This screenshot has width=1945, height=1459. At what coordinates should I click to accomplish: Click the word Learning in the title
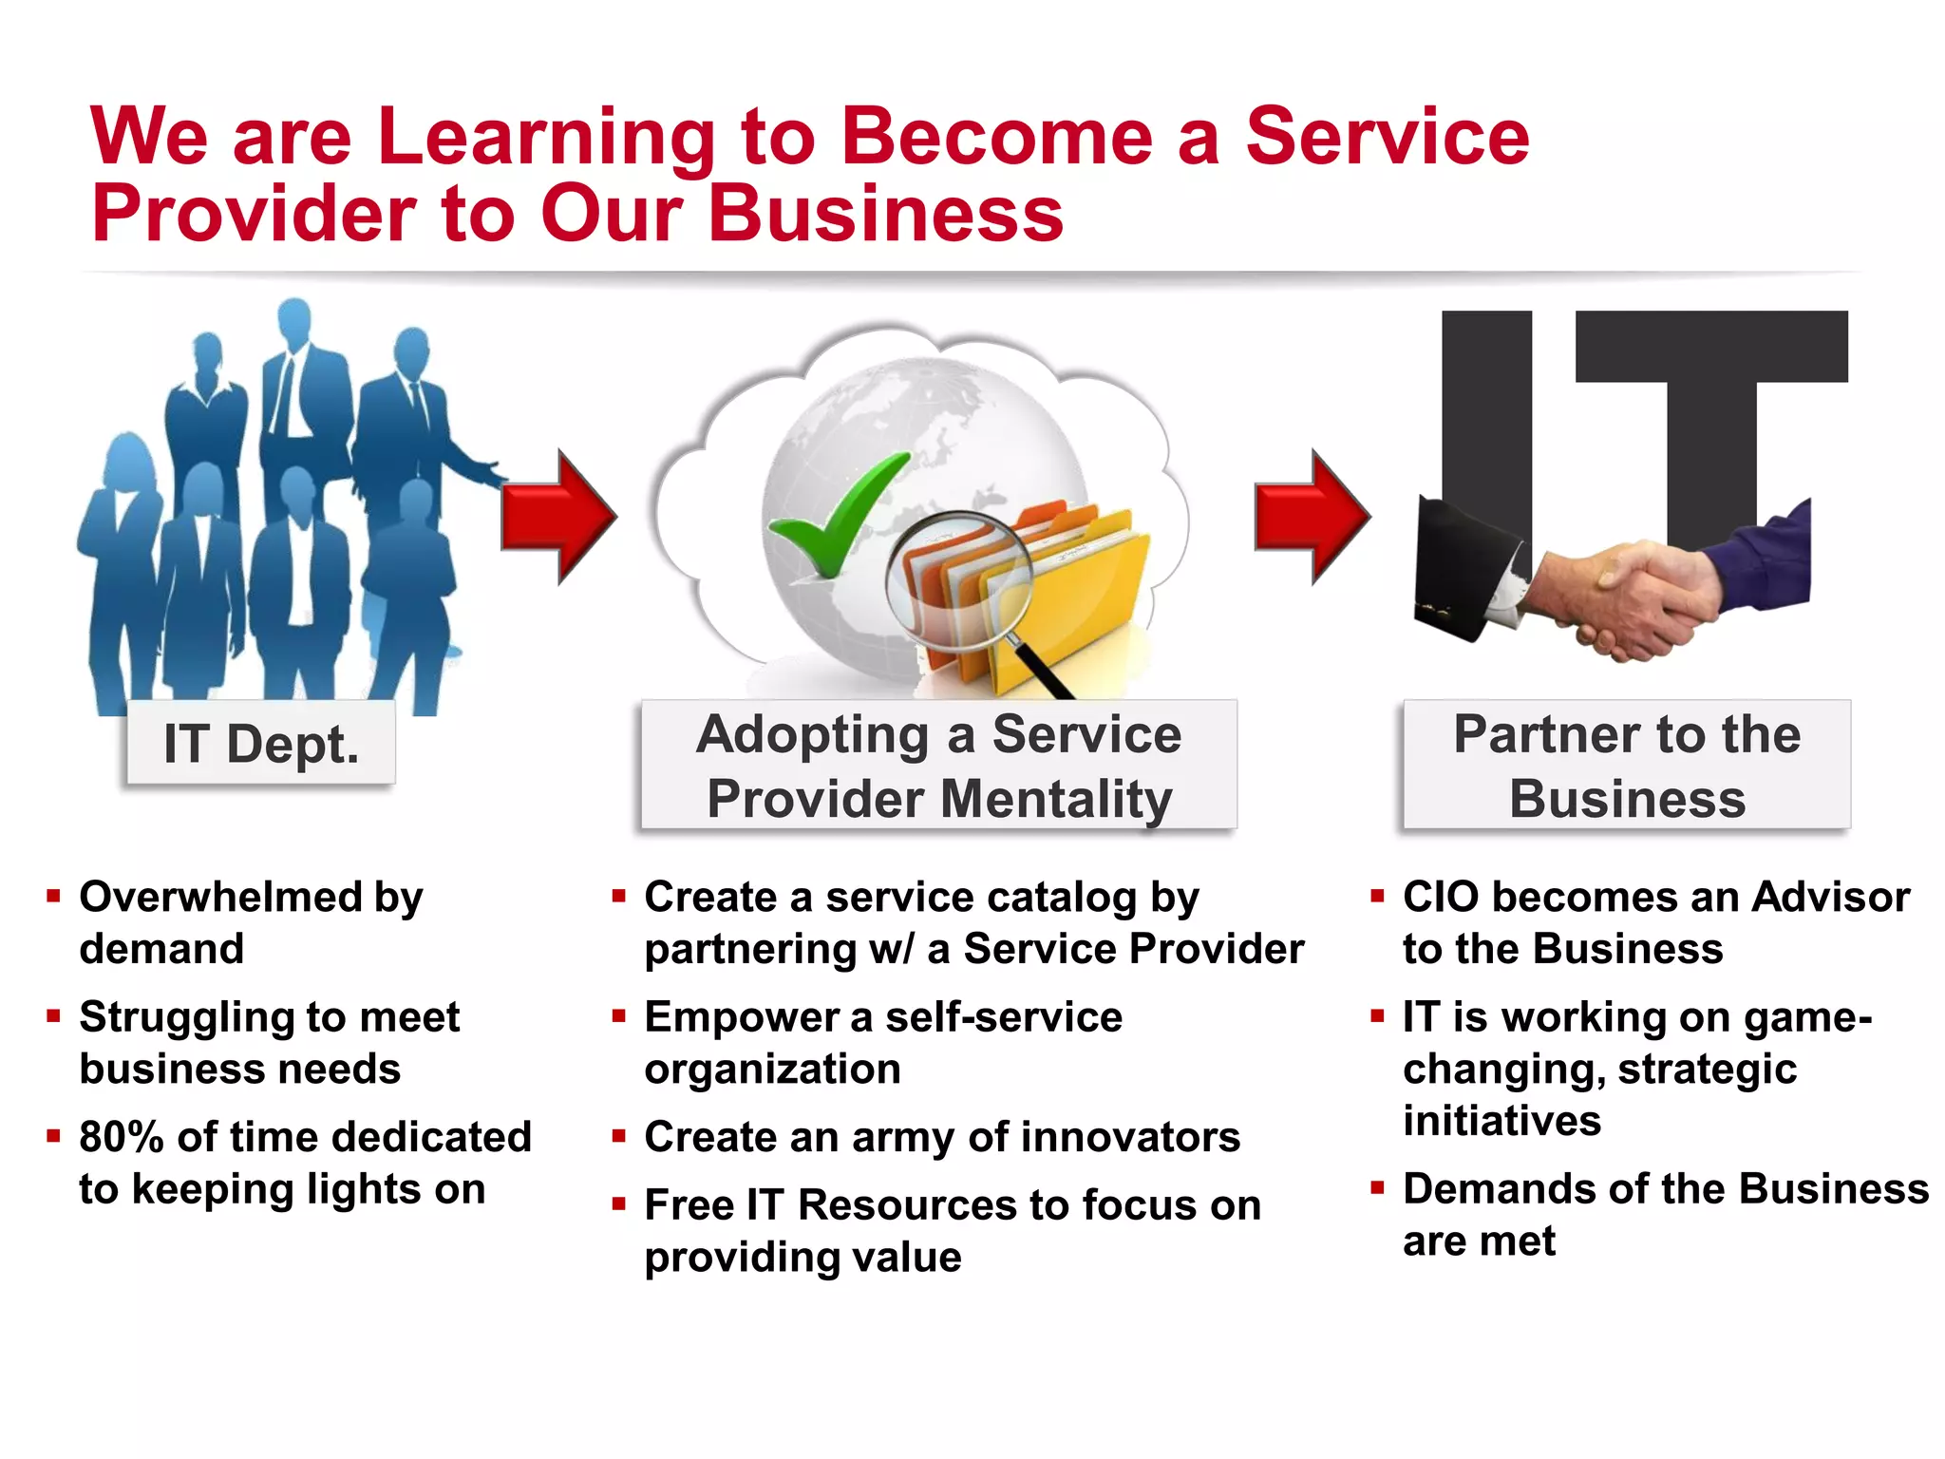point(544,138)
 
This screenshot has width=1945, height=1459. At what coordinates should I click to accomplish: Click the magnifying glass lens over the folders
point(959,579)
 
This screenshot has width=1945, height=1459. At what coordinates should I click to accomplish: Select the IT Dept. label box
point(261,743)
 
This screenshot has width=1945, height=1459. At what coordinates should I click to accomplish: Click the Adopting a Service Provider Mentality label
point(938,765)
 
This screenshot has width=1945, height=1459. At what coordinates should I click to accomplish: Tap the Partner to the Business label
point(1627,765)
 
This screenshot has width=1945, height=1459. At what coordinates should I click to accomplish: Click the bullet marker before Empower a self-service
point(619,1016)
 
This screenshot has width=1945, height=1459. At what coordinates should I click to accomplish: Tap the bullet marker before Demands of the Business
point(1377,1187)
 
